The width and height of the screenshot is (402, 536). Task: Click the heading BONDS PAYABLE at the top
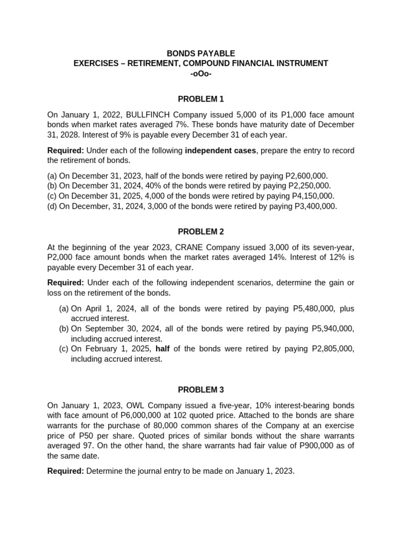(x=200, y=53)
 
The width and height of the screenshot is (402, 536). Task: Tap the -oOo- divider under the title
(x=200, y=73)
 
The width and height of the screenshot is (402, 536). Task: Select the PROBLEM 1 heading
(x=200, y=99)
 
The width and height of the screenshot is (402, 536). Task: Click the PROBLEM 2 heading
(x=200, y=231)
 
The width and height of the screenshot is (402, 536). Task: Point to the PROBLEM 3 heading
(x=200, y=389)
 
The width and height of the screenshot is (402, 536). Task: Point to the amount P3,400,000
(x=312, y=206)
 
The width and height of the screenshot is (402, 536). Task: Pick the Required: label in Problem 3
(x=65, y=471)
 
